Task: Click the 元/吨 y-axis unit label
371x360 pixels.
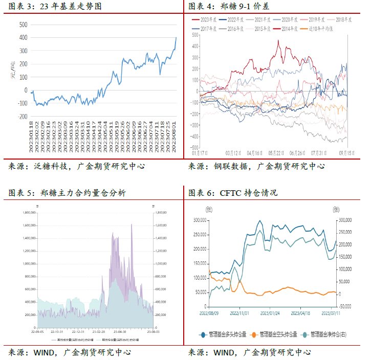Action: click(x=14, y=70)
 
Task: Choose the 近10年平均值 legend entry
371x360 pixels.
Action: click(x=320, y=29)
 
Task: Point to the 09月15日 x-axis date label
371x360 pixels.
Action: click(x=347, y=152)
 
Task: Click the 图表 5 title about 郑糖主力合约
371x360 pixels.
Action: click(x=67, y=193)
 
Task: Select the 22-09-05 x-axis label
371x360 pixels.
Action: click(x=37, y=331)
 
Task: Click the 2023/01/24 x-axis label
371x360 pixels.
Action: click(x=271, y=312)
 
